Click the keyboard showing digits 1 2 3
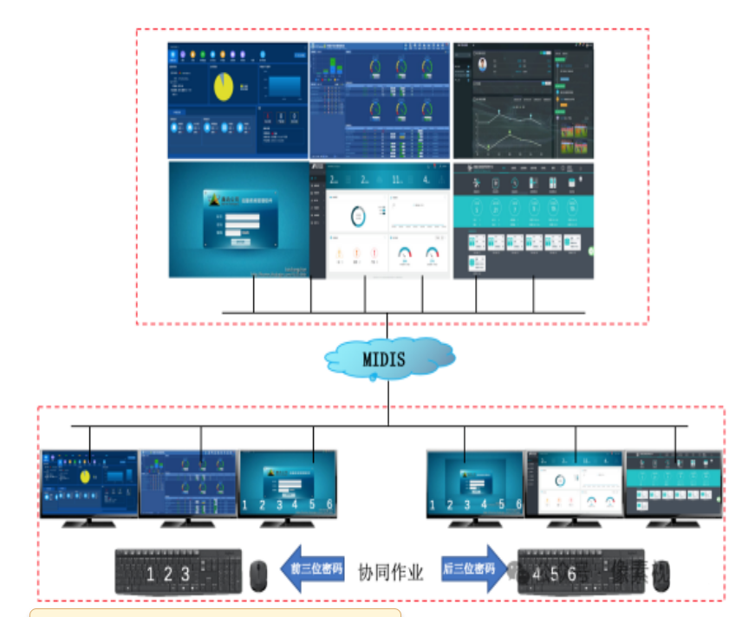point(179,572)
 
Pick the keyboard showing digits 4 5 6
point(581,573)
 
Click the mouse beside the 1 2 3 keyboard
point(258,575)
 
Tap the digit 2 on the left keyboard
point(167,574)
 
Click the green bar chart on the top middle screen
point(331,68)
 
